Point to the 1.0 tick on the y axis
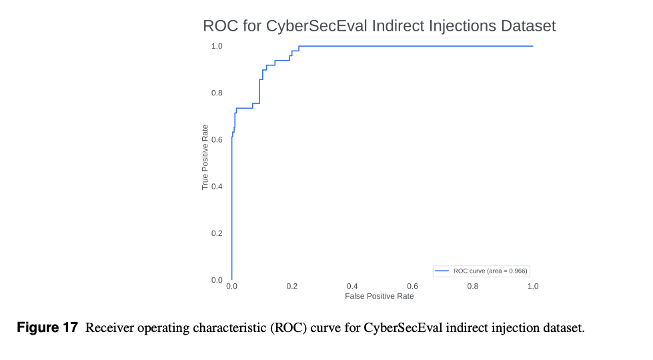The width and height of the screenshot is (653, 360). tap(217, 46)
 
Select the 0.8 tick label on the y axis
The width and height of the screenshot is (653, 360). tap(217, 93)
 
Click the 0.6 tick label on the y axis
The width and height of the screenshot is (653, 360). tap(217, 139)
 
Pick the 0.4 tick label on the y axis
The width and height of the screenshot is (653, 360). tap(217, 186)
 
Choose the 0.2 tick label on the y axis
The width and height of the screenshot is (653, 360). tap(217, 233)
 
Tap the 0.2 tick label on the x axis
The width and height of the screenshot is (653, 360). tap(292, 286)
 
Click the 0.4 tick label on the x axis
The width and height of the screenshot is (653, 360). tap(352, 286)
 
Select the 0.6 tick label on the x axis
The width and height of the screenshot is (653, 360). tap(412, 286)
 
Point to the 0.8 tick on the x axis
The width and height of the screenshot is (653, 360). tap(473, 286)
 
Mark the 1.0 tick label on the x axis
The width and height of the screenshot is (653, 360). tap(533, 286)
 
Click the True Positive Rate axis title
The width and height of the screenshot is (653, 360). tap(205, 157)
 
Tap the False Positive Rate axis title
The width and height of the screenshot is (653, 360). tap(379, 296)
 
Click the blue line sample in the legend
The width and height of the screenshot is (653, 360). tap(442, 271)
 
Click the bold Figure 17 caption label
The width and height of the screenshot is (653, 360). tap(47, 328)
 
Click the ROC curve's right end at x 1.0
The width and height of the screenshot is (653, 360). tap(533, 46)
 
